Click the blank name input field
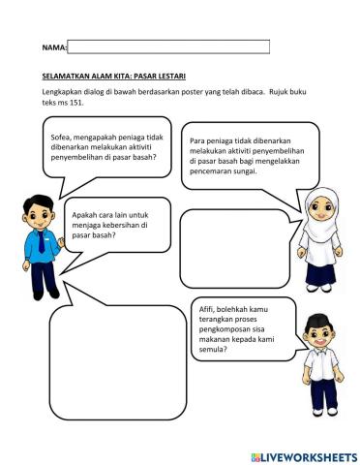168,46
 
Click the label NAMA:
55,46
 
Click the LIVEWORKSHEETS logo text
307,456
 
